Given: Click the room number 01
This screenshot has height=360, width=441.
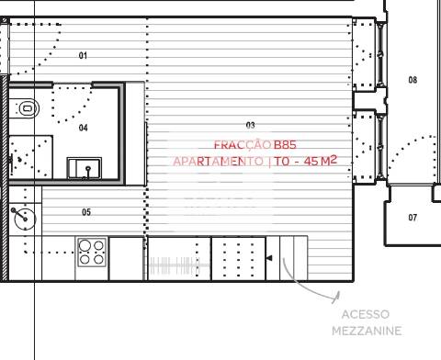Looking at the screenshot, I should pos(83,56).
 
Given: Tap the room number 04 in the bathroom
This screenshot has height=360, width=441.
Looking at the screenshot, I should pos(83,128).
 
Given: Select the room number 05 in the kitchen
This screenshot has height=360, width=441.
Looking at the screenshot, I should pos(86,212).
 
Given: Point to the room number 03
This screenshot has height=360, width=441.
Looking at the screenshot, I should pos(251,125).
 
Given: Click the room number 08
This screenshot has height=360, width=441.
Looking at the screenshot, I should pos(413,80).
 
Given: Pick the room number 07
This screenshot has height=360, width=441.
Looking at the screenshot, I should pos(413,218).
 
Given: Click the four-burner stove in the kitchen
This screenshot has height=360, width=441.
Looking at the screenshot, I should pos(91,252).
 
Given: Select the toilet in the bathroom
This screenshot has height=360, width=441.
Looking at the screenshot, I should pos(27,108).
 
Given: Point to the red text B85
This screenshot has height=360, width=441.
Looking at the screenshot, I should pos(285,144).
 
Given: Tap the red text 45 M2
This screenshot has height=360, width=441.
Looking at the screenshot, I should pos(317,161).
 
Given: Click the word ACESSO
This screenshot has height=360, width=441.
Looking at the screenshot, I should pos(365,314).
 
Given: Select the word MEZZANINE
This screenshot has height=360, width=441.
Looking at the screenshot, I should pos(366,331).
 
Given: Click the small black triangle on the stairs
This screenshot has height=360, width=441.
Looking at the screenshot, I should pos(268,259).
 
